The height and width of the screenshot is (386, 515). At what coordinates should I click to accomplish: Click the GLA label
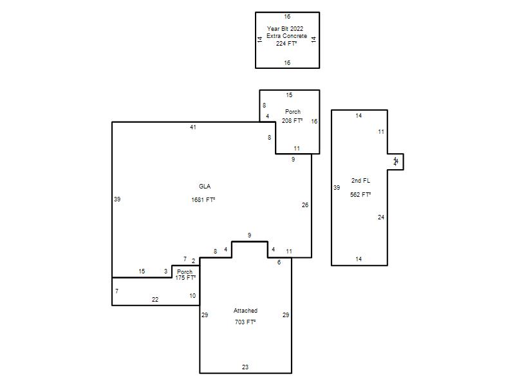point(205,187)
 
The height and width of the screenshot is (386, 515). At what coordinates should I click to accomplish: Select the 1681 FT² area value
point(203,199)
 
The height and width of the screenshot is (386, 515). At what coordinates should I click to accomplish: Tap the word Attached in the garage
point(245,311)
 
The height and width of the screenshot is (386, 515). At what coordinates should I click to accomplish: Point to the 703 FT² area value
point(245,322)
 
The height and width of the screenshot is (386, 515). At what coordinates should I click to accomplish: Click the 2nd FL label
point(360,181)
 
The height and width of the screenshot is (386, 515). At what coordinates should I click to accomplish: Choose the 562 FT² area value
point(360,195)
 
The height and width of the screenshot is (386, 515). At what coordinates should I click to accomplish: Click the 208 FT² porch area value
point(292,121)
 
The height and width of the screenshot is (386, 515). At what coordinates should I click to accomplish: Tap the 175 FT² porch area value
point(185,278)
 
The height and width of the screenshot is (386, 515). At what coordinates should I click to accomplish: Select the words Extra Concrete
point(286,36)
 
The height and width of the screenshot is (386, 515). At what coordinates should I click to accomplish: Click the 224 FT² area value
point(286,43)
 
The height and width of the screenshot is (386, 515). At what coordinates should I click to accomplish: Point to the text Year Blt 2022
point(285,28)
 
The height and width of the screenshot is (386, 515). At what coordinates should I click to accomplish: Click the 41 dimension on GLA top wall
point(192,127)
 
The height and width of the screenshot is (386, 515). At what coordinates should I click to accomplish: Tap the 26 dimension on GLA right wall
point(305,205)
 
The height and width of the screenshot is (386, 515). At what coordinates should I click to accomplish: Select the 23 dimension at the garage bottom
point(245,367)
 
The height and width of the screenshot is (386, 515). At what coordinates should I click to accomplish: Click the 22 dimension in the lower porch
point(155,300)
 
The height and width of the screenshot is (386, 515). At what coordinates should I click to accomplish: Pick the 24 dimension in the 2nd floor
point(381,217)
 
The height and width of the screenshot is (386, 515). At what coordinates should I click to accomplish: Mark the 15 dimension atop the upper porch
point(289,95)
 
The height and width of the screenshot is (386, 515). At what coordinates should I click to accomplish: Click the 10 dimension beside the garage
point(192,296)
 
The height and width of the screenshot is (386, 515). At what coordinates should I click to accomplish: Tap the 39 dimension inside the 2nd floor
point(337,188)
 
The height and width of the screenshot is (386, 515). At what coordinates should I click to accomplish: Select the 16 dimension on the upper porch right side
point(314,122)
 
